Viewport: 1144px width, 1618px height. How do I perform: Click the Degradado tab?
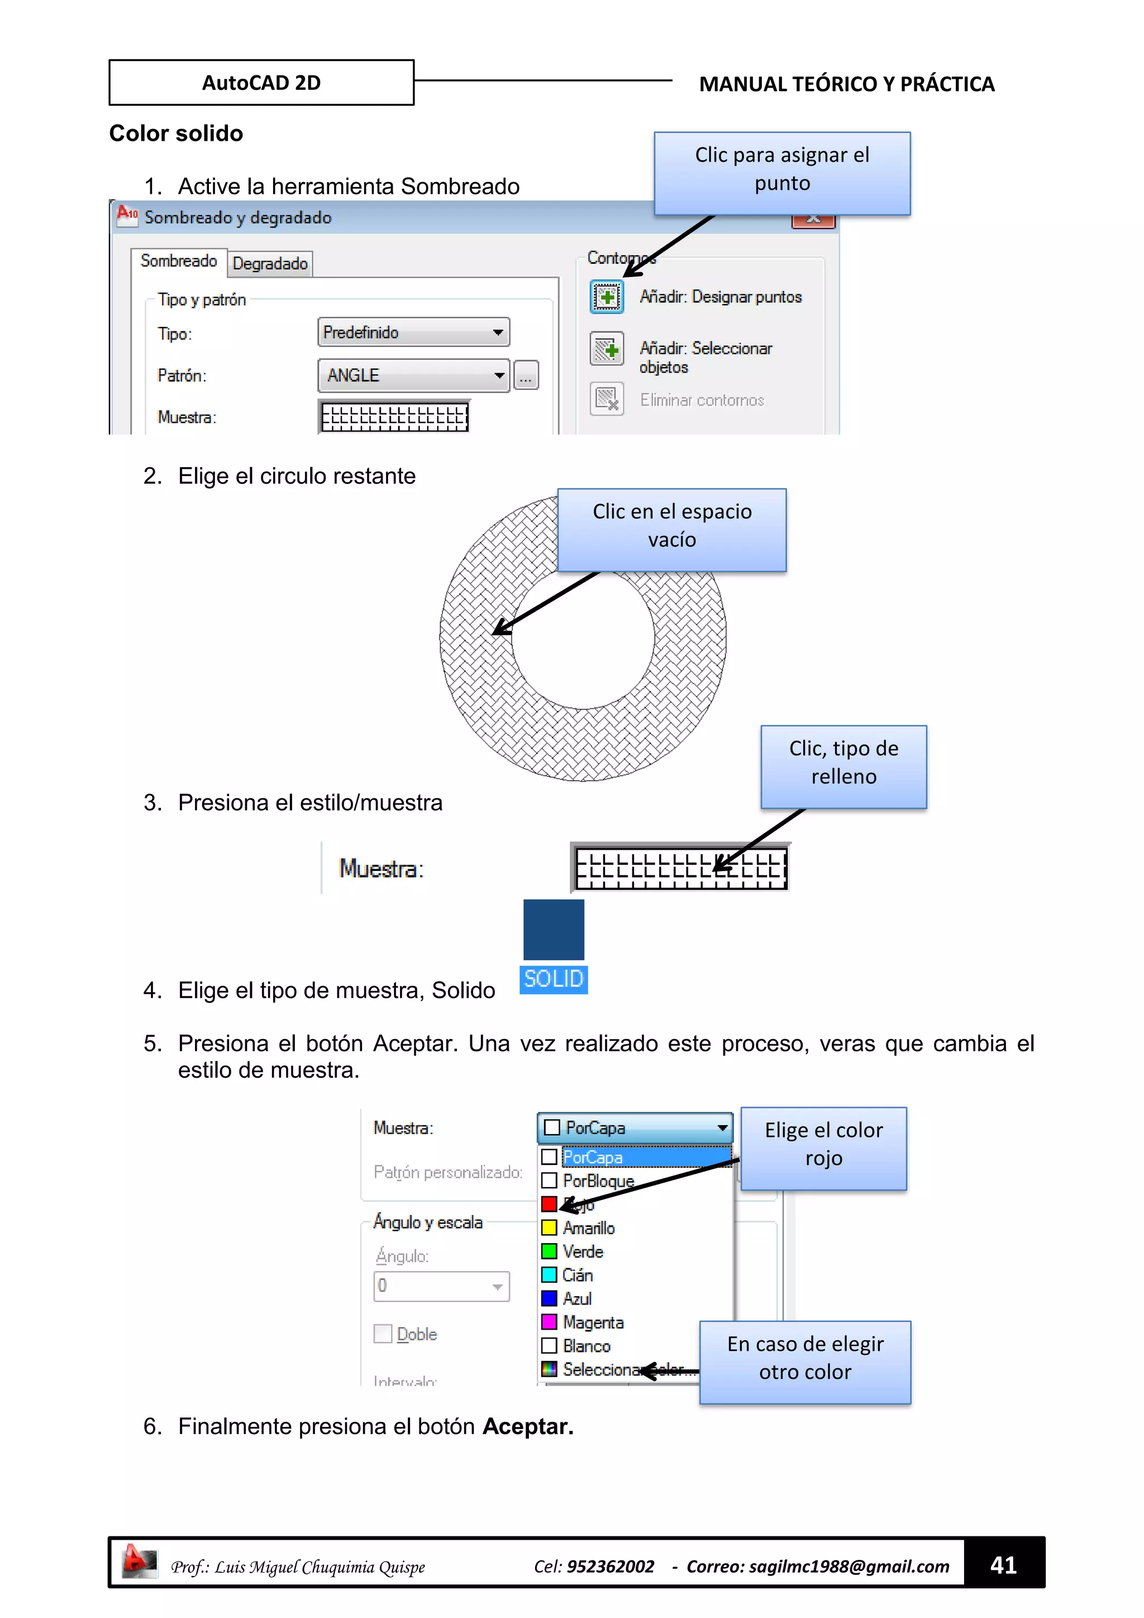point(270,264)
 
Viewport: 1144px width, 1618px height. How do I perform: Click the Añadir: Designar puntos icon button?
point(607,297)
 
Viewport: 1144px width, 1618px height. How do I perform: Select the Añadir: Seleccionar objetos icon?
point(607,349)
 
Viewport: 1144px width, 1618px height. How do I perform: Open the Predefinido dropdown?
point(413,332)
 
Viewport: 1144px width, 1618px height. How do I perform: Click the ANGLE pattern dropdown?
point(413,375)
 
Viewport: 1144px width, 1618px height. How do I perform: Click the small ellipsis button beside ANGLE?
point(526,375)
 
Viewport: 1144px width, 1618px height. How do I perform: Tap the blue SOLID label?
point(554,979)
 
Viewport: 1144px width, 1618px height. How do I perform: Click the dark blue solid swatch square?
point(554,930)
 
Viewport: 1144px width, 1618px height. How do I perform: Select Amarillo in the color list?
point(589,1227)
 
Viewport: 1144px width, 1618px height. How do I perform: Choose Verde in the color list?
point(583,1251)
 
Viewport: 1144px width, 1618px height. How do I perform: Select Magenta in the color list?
point(593,1322)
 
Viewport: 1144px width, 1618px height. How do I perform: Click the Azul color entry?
point(577,1298)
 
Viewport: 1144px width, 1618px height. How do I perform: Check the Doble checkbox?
point(383,1333)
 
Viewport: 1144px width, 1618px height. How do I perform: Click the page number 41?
point(1003,1565)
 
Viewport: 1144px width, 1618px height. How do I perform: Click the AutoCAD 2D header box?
point(261,83)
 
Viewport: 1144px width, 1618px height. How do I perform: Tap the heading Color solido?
point(176,133)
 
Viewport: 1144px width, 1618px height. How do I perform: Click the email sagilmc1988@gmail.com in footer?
point(849,1566)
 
